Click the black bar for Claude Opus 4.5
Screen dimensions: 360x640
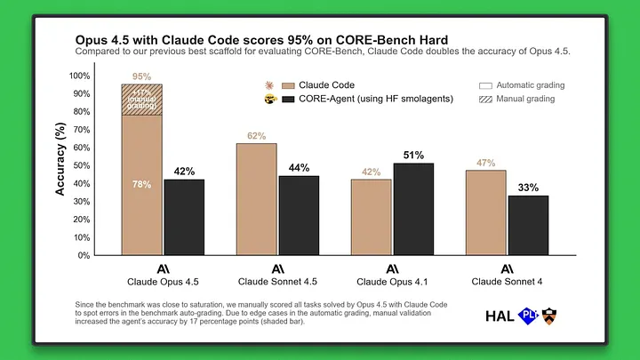(x=183, y=217)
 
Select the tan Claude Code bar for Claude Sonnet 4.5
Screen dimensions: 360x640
(x=256, y=199)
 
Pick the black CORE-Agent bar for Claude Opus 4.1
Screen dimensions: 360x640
(x=412, y=209)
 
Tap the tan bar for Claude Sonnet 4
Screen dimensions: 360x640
(x=486, y=212)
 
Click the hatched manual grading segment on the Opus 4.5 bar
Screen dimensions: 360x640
(x=142, y=100)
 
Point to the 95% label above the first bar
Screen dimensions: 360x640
(x=141, y=77)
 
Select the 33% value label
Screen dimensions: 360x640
(x=528, y=188)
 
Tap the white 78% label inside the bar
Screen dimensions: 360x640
(x=141, y=185)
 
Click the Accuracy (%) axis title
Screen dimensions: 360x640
(x=61, y=165)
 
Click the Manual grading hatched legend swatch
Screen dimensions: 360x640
(x=485, y=99)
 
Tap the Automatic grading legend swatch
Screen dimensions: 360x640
(x=485, y=85)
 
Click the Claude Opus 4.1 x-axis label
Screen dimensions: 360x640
(x=391, y=282)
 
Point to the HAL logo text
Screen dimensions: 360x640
(x=500, y=315)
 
